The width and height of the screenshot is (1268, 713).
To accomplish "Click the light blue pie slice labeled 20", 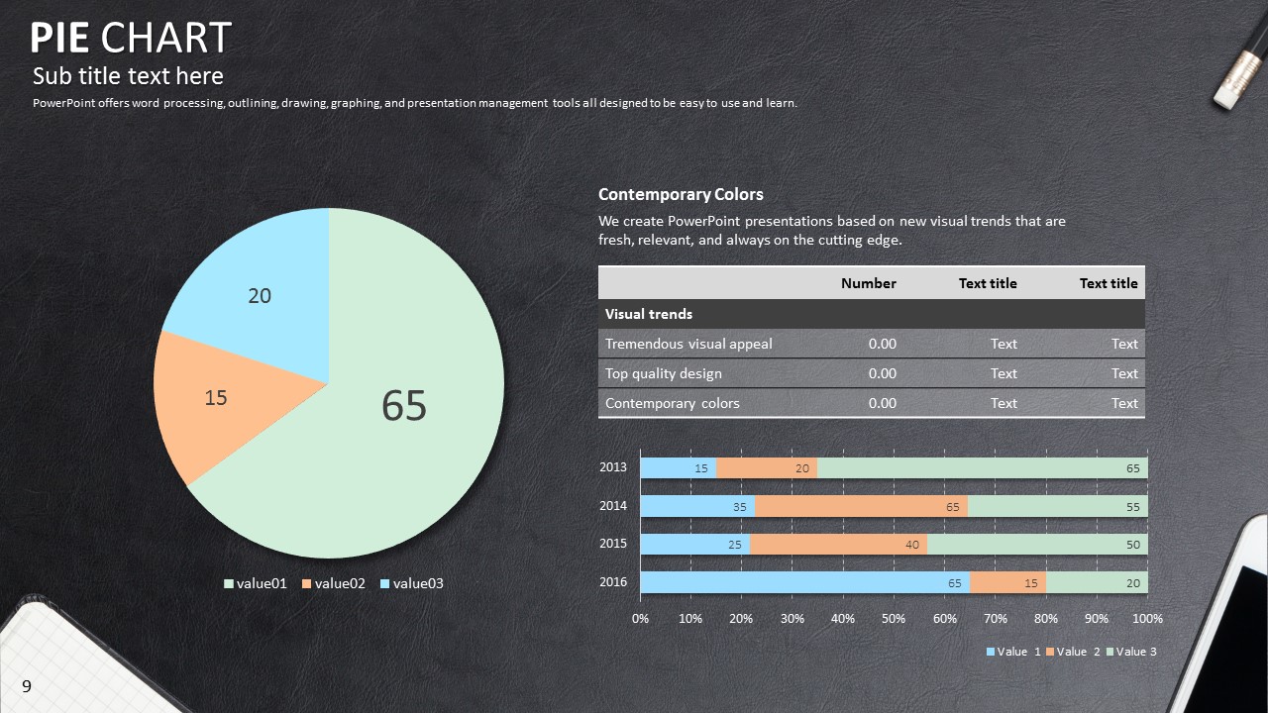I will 260,287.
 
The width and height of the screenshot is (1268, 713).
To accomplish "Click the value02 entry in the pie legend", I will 334,583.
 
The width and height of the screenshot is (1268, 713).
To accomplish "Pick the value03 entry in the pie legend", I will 411,583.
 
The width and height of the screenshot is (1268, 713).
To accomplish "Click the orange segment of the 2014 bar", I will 861,506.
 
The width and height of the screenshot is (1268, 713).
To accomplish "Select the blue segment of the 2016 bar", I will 804,582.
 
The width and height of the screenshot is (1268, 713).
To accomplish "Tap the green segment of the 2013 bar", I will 981,468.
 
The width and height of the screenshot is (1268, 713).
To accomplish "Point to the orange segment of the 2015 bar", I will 838,544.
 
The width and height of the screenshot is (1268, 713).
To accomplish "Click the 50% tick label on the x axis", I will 894,619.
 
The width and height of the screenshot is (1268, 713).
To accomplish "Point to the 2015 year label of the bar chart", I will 613,544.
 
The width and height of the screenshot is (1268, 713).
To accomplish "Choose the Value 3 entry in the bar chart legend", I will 1130,652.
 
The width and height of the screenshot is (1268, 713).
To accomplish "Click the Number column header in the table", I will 868,283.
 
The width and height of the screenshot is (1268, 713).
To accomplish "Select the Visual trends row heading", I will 649,314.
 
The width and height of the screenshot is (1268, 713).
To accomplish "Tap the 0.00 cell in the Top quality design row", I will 882,373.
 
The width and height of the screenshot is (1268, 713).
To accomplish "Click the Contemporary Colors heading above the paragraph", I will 681,195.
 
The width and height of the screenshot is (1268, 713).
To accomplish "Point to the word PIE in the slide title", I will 60,39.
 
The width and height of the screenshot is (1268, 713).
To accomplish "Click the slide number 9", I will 27,686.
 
